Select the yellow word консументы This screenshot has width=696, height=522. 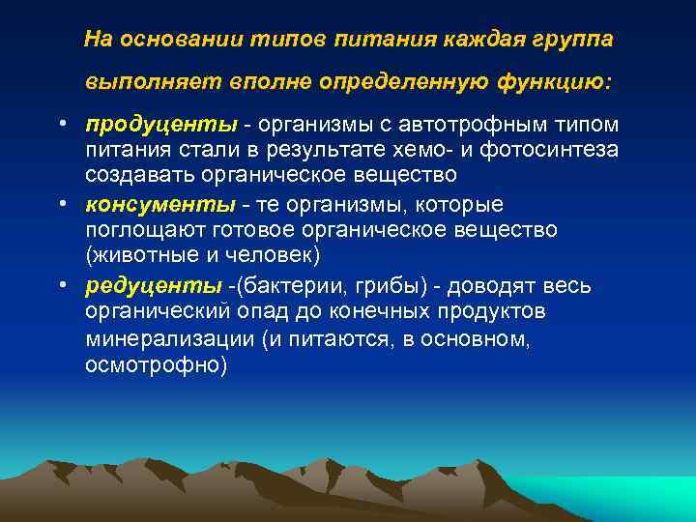(x=159, y=206)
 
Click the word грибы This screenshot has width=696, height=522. (x=381, y=286)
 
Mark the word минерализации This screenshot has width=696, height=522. (x=168, y=339)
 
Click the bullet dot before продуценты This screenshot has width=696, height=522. (x=61, y=127)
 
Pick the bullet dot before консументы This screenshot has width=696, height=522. (x=61, y=207)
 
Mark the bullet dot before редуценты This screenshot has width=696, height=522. (x=61, y=287)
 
